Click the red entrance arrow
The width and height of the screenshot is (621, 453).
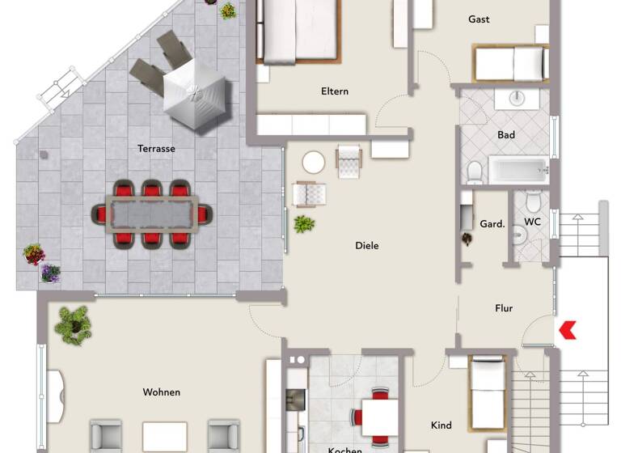point(568,328)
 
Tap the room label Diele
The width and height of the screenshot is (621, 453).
point(367,246)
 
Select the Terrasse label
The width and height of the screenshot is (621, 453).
point(156,149)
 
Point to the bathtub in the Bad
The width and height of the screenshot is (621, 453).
point(518,171)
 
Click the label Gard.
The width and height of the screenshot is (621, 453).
point(492,224)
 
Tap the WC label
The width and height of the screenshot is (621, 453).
point(532,222)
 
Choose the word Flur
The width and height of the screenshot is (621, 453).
point(504,308)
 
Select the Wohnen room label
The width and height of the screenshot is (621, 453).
point(162,392)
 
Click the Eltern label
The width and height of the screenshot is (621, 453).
point(335,91)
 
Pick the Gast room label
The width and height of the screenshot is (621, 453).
point(479,19)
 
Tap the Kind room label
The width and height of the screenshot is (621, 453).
point(441,425)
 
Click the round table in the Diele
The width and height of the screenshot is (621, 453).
point(314,163)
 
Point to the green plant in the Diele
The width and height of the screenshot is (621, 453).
point(304,223)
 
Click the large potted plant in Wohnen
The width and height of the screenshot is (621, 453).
point(74,324)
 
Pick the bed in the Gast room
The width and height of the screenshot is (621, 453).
point(511,63)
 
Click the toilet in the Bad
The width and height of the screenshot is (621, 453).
point(475,171)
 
